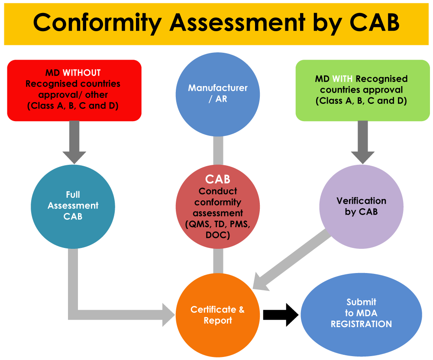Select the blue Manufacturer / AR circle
218,93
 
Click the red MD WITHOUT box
74,90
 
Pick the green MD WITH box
361,90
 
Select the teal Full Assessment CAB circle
73,206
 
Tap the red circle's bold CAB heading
218,179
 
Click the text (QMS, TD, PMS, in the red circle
218,225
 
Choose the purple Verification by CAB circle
361,206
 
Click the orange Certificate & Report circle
218,315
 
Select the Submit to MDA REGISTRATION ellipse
361,313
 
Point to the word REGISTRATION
361,324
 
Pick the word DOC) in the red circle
218,235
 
